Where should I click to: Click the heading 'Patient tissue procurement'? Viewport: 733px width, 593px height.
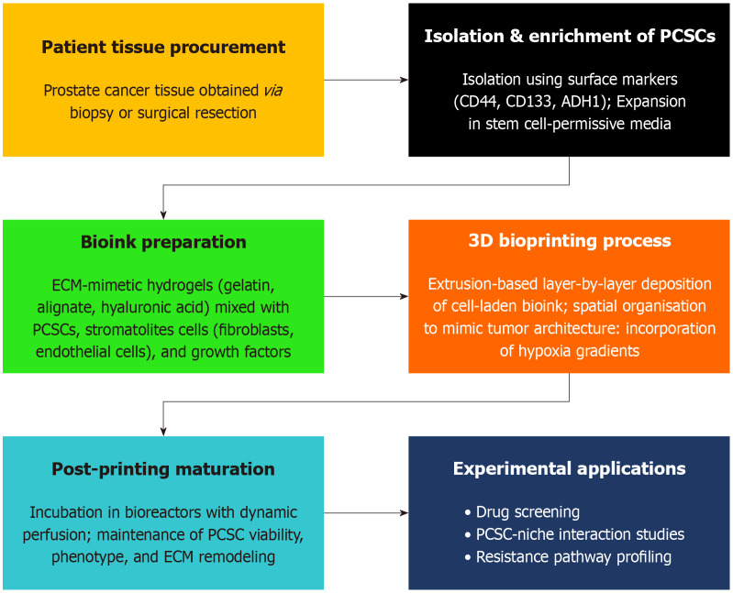click(163, 47)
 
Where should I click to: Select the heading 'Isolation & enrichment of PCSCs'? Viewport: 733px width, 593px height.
click(569, 37)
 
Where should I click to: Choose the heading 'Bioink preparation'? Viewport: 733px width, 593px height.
click(163, 243)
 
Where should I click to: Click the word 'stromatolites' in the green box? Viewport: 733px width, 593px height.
click(157, 328)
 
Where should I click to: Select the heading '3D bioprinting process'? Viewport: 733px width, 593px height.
click(569, 241)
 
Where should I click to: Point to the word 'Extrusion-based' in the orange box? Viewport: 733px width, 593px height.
click(480, 284)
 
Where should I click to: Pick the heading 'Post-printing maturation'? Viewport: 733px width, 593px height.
click(163, 469)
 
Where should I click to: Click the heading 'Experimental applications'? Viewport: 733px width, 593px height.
click(569, 469)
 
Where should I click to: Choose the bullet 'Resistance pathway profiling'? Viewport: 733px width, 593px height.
click(573, 556)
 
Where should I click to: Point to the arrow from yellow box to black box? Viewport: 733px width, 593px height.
click(366, 80)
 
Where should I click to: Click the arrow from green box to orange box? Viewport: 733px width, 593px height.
click(366, 296)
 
